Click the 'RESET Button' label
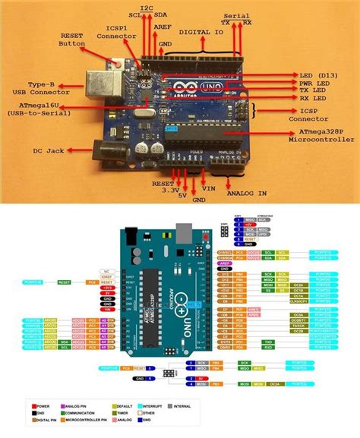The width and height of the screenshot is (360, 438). pyautogui.click(x=73, y=39)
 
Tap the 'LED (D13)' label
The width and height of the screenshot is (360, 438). pyautogui.click(x=316, y=74)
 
